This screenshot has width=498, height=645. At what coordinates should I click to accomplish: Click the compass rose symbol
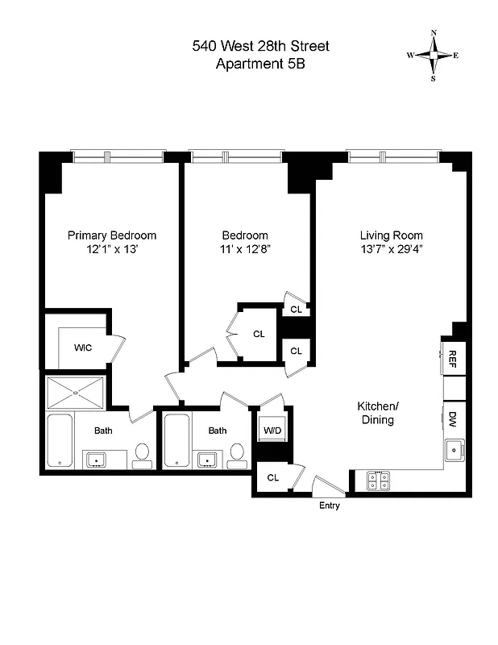(x=434, y=56)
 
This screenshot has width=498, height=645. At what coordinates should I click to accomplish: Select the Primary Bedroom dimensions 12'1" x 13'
(x=111, y=250)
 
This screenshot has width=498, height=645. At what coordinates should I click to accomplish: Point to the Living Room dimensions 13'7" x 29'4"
(x=392, y=250)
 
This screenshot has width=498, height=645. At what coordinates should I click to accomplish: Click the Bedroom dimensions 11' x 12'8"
(x=245, y=250)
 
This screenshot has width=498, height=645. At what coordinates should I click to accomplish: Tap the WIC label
(x=82, y=348)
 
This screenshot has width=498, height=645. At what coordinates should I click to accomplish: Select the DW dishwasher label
(x=452, y=418)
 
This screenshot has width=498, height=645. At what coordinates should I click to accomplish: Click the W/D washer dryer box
(x=272, y=430)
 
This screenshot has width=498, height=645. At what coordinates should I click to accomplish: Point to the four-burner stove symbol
(x=378, y=481)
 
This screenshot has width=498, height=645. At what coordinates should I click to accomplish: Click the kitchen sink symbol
(x=454, y=449)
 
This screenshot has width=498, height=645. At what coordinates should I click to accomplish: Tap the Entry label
(x=330, y=506)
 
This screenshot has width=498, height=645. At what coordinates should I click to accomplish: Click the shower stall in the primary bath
(x=76, y=393)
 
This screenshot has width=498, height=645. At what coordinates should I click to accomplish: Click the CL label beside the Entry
(x=272, y=477)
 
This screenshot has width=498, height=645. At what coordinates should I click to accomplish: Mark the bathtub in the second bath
(x=176, y=441)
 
